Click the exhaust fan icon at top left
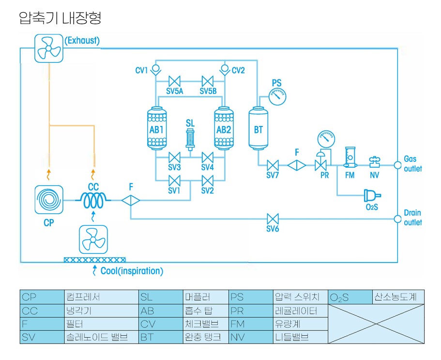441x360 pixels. coord(49,48)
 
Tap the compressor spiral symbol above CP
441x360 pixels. coord(49,200)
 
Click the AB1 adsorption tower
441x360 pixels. coord(157,128)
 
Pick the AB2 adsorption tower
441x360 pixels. coord(224,128)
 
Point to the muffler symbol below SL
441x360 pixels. coord(190,140)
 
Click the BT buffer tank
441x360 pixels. coord(259,129)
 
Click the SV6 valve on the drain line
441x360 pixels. coord(274,219)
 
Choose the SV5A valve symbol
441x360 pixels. coord(174,80)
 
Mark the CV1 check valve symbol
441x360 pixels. coord(156,69)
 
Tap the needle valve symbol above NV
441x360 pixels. coord(374,162)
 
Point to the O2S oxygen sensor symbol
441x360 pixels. coord(371,195)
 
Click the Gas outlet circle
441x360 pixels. coord(397,165)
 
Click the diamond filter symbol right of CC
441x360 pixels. coord(131,200)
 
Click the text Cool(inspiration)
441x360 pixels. coord(132,271)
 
